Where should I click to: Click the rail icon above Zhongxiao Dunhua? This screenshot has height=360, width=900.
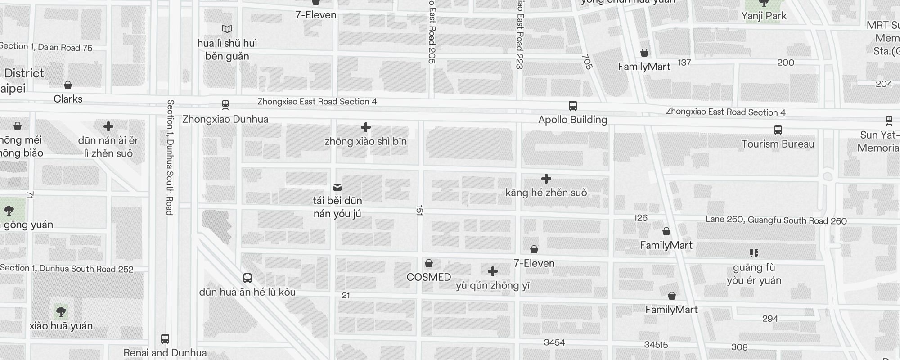[225, 105]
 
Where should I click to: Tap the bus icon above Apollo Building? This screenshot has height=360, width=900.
[572, 106]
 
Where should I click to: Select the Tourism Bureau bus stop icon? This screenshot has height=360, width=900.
[778, 130]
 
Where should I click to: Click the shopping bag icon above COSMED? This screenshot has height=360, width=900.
[429, 263]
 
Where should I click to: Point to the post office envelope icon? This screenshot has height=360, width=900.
[337, 187]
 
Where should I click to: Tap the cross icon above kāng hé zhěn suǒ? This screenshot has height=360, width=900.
[546, 179]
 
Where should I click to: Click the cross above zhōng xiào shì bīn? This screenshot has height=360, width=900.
[366, 127]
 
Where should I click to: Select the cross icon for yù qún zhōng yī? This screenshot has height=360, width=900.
[493, 271]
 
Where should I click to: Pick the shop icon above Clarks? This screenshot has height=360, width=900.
[68, 85]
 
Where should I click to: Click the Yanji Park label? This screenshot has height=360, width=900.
[764, 16]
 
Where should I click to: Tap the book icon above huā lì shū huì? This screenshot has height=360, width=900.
[227, 29]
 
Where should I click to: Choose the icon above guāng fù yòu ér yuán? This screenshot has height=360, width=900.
[754, 253]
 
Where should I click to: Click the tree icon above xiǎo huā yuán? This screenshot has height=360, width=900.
[61, 311]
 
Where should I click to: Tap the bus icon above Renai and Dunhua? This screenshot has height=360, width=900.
[165, 338]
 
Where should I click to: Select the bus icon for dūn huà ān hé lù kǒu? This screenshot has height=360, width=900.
[247, 278]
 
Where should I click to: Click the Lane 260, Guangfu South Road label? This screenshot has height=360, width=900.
[776, 220]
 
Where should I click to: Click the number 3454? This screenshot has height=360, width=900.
[554, 342]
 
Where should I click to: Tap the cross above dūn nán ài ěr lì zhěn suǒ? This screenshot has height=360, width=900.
[108, 126]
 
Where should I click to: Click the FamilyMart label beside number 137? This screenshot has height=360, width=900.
[644, 67]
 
